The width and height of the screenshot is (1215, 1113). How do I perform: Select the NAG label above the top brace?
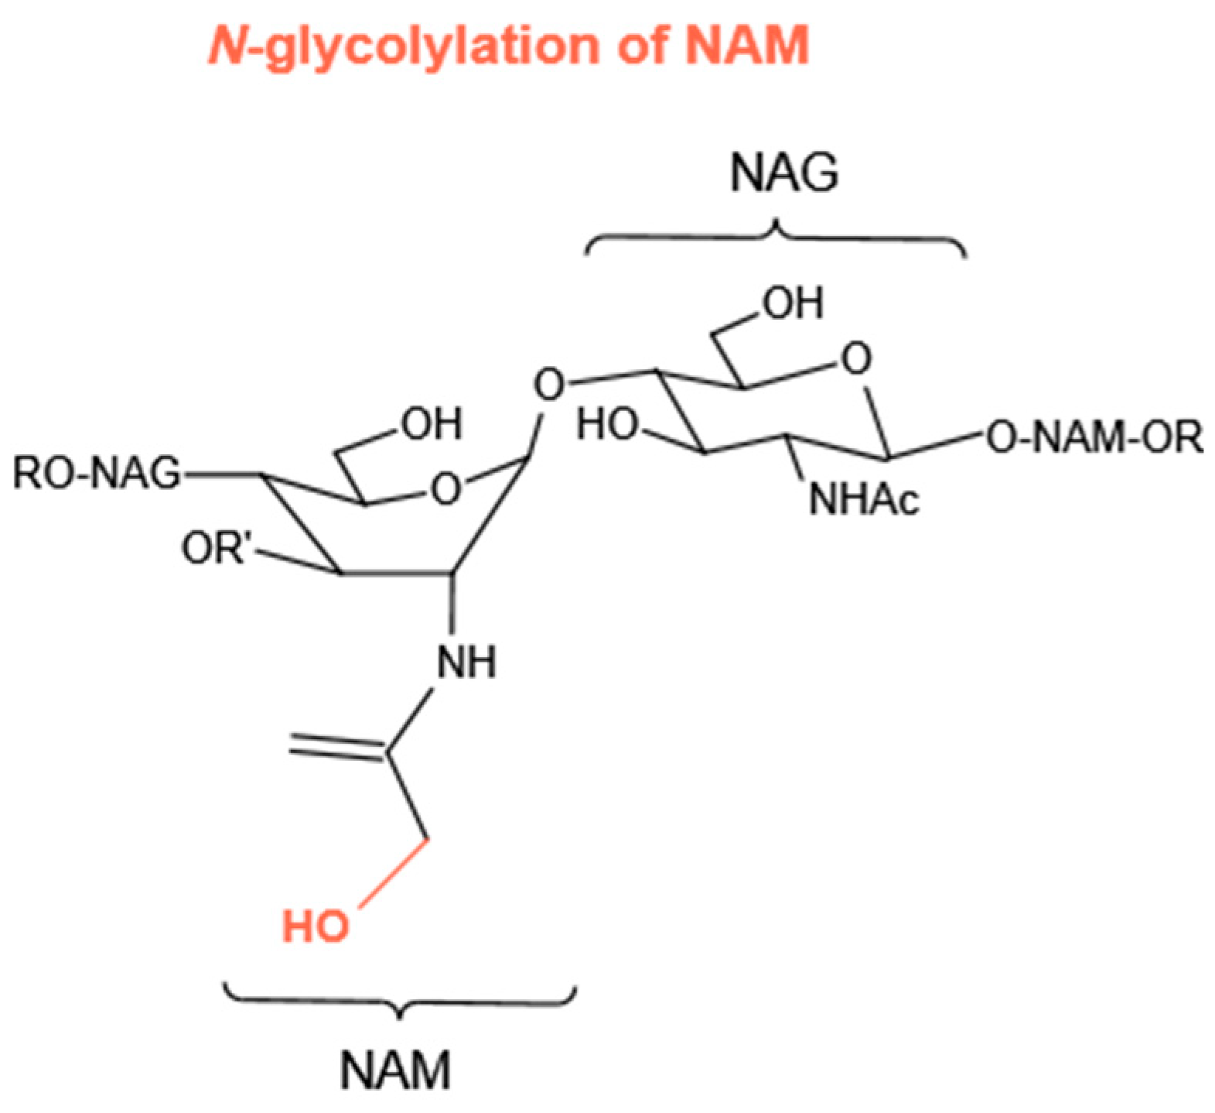[x=783, y=173]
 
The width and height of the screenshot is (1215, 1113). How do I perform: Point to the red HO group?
[x=315, y=926]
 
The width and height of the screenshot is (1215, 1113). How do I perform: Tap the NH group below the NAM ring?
[x=466, y=662]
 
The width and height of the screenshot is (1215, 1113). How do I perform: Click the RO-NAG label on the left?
[x=96, y=473]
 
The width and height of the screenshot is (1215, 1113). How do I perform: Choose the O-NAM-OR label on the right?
[x=1095, y=438]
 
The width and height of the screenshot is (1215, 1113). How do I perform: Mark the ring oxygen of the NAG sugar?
[x=855, y=359]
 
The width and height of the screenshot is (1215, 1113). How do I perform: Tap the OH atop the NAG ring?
[x=794, y=303]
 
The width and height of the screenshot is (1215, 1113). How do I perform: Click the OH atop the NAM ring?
[x=431, y=423]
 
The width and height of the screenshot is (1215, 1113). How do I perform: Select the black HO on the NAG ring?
[x=608, y=425]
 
